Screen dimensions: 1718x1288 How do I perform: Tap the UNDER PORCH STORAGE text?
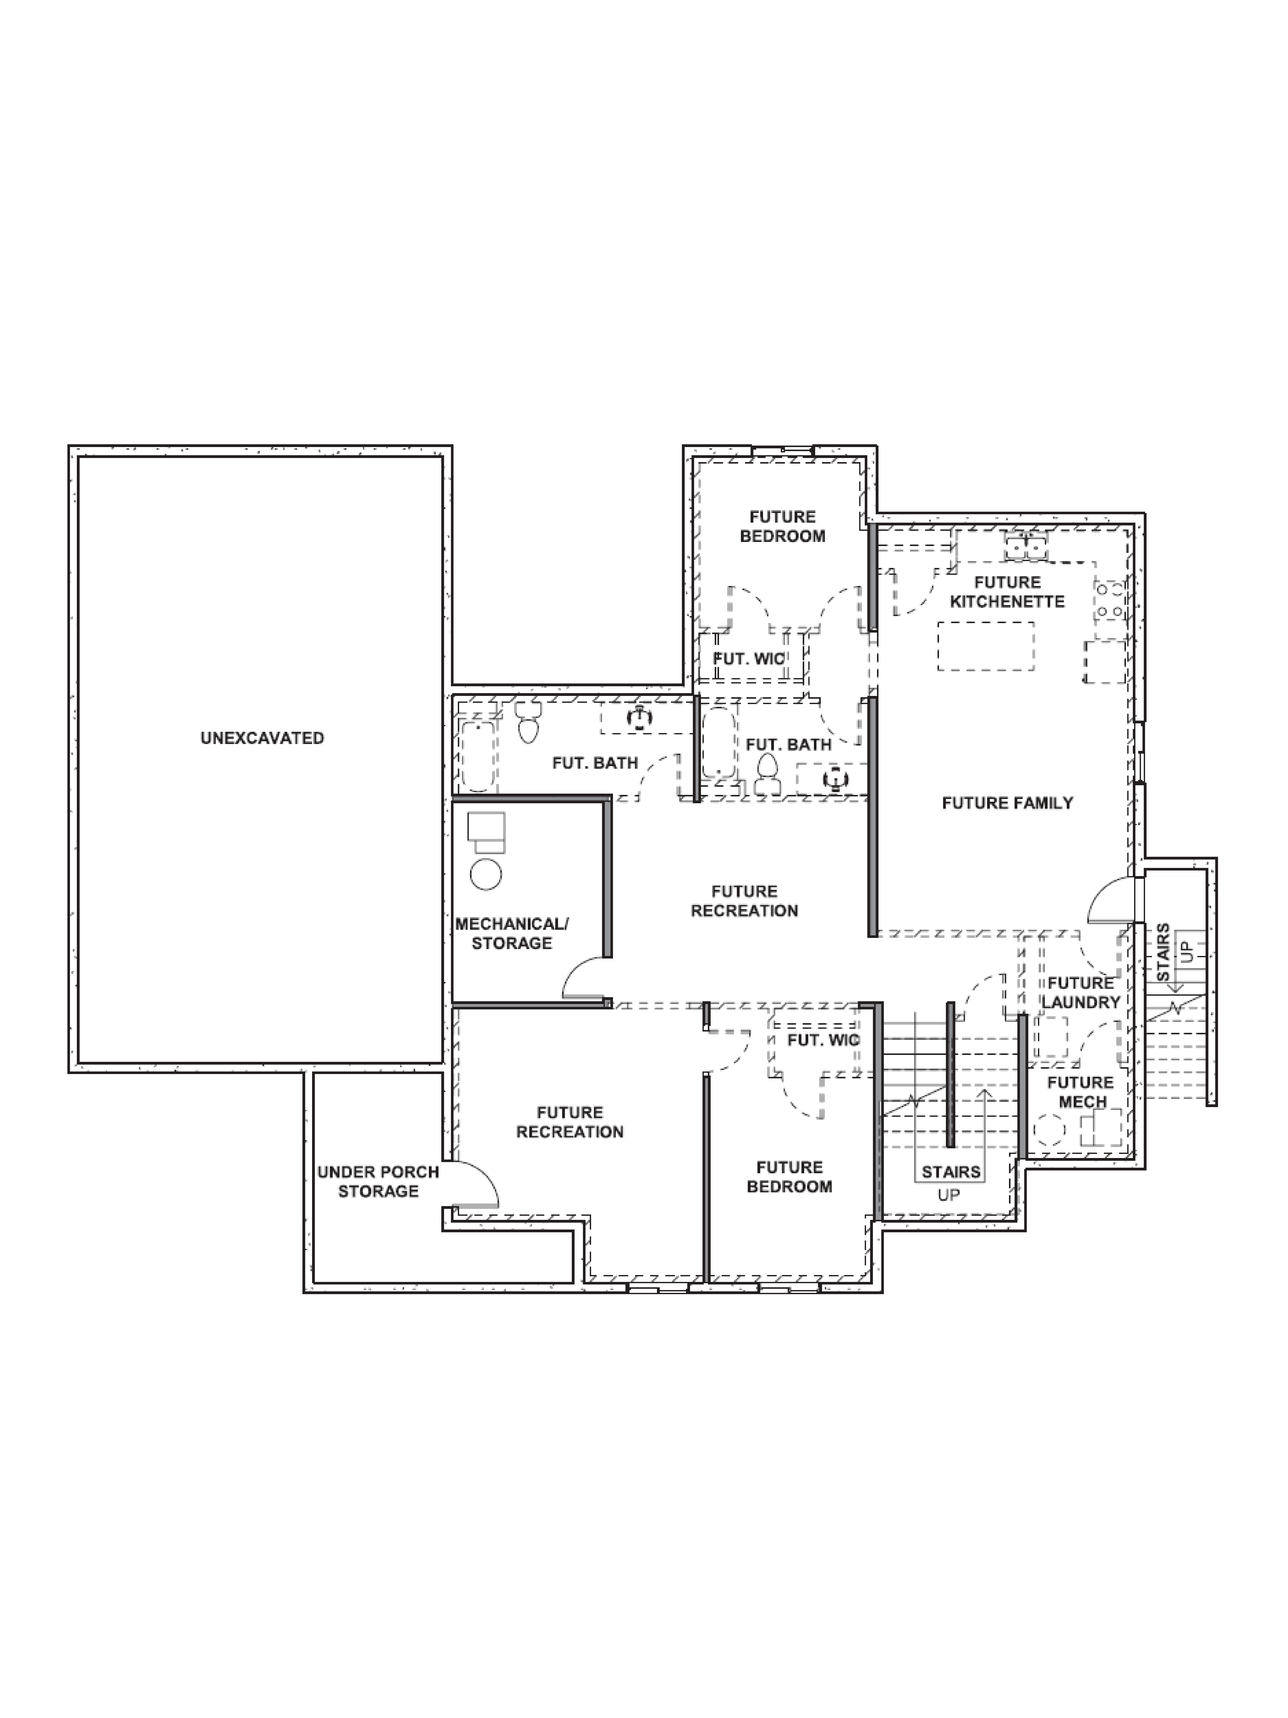tap(378, 1181)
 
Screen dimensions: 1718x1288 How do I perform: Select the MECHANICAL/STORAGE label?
tap(512, 934)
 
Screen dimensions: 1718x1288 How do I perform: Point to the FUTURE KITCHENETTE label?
tap(1007, 592)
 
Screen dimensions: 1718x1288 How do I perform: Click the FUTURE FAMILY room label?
tap(1007, 803)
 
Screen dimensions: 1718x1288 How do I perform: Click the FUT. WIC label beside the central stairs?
tap(823, 1040)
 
